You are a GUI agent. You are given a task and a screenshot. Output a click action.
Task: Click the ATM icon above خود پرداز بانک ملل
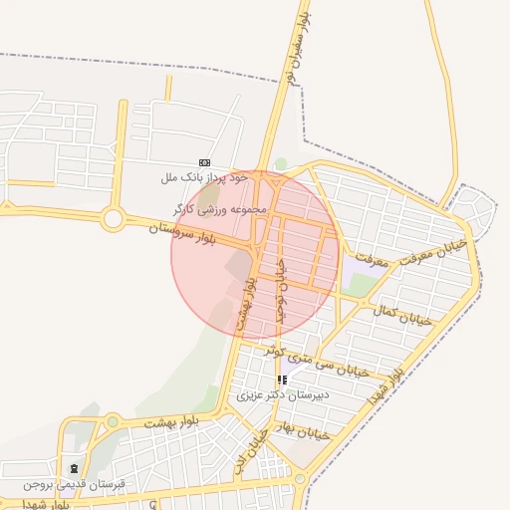204,162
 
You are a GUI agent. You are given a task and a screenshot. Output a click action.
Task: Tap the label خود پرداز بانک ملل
204,177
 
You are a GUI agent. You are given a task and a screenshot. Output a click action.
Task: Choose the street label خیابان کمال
403,315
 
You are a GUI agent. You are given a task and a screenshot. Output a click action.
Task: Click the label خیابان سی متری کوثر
315,360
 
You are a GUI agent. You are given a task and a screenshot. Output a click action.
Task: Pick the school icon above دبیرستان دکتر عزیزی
282,380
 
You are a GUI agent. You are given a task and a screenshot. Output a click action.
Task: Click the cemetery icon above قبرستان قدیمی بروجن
74,468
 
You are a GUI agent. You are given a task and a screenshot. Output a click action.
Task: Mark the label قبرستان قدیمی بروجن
64,484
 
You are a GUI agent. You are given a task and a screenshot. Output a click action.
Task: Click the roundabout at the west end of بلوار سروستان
112,217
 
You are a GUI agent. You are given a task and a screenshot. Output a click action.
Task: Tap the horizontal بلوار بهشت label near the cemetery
171,422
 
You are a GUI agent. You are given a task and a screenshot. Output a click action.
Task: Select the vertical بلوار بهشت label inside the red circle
245,304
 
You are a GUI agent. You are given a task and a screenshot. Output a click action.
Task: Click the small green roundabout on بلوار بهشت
113,422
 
